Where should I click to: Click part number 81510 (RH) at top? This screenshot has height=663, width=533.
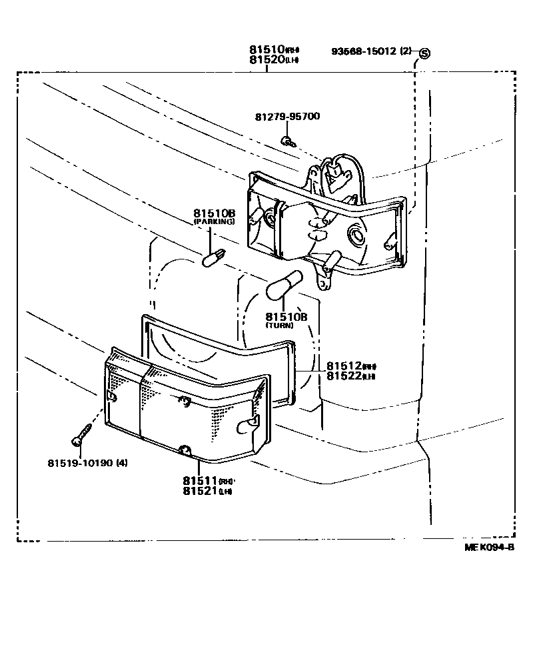[x=274, y=50]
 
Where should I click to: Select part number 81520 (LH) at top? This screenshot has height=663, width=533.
[x=274, y=60]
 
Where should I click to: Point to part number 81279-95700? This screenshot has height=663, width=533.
[x=287, y=117]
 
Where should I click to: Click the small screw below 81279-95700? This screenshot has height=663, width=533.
[x=287, y=140]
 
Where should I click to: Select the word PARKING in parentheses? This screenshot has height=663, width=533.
[x=214, y=221]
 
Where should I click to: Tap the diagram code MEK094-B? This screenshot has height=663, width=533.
[x=490, y=548]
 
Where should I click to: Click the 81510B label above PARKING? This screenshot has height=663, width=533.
[x=214, y=213]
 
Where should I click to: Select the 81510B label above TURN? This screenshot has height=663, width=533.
[x=286, y=316]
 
